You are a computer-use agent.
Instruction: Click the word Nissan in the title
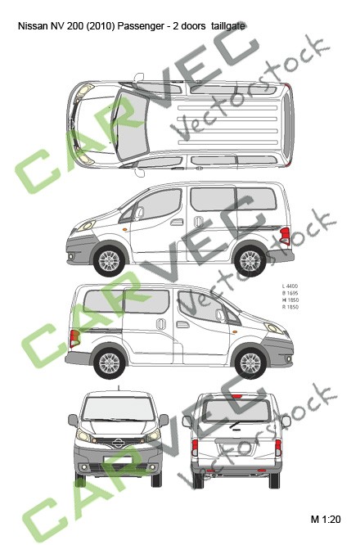click(x=32, y=26)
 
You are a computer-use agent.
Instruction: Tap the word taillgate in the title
click(x=227, y=26)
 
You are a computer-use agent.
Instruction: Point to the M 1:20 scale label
click(x=325, y=519)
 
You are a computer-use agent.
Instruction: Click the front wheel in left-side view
click(x=108, y=260)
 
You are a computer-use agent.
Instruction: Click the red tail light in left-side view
click(x=284, y=236)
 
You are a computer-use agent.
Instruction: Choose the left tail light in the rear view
click(x=196, y=448)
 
